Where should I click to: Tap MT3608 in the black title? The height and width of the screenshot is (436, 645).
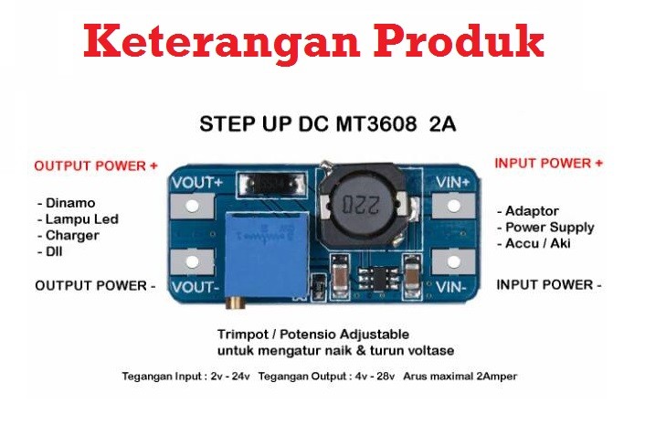click(x=376, y=123)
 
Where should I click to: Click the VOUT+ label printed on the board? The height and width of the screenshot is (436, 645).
click(x=197, y=183)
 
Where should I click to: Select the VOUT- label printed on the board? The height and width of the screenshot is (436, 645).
click(x=196, y=287)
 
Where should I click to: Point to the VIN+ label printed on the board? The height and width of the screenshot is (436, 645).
click(x=453, y=182)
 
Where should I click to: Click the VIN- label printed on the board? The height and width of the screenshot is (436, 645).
click(x=450, y=287)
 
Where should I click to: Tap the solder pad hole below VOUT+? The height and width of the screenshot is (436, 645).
click(x=192, y=206)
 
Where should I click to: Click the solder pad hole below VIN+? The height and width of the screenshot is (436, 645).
click(x=453, y=206)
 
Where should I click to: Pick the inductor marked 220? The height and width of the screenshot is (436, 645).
click(x=362, y=206)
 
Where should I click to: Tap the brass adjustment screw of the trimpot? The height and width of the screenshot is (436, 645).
click(x=235, y=302)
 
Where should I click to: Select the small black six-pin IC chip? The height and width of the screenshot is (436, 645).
click(x=377, y=277)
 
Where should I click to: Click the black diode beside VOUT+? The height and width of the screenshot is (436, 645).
click(x=272, y=184)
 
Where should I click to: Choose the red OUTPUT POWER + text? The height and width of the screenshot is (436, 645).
click(x=96, y=166)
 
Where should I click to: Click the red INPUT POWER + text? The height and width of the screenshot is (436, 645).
click(x=549, y=164)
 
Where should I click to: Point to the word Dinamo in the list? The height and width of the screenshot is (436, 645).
click(x=70, y=203)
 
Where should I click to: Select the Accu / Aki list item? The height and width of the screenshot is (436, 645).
click(x=537, y=243)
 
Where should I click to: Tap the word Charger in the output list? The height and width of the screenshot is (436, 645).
click(x=72, y=236)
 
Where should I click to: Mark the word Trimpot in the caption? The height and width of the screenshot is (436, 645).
click(x=243, y=335)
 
